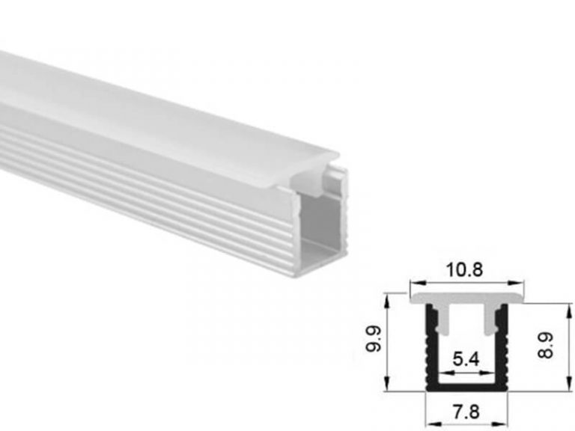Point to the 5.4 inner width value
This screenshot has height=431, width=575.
click(465, 358)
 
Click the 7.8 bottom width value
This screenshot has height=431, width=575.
click(465, 411)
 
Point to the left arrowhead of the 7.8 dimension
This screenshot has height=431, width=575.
click(430, 397)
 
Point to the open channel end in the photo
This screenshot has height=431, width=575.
click(323, 224)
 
